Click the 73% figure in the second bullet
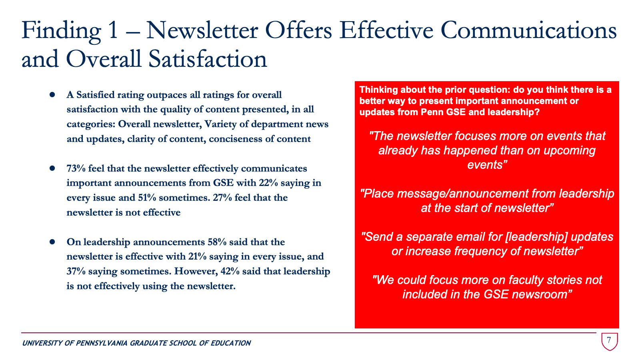click(76, 168)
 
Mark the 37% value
click(76, 271)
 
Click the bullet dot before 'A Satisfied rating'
click(52, 95)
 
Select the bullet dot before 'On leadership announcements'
click(52, 242)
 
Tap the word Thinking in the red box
click(378, 90)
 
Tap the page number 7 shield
click(609, 341)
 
